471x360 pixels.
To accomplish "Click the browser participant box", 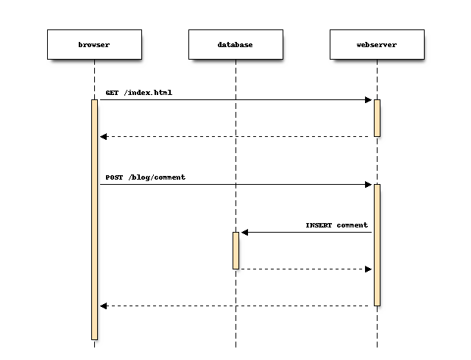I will pos(94,44).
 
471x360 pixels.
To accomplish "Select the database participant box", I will pos(235,44).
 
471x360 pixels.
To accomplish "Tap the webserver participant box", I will pos(377,44).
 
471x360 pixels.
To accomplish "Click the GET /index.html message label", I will pos(139,93).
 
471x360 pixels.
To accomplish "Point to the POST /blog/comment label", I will pos(145,177).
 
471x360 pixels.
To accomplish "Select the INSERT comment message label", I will pos(336,225).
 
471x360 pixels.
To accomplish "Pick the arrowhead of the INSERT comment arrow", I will pos(245,233).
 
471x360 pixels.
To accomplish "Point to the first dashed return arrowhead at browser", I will pos(104,136).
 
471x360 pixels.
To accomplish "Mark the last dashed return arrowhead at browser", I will pos(104,306).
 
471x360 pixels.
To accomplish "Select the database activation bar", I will pos(235,250).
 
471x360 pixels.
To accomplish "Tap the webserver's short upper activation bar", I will pos(377,118).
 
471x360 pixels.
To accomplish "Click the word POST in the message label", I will pos(114,177).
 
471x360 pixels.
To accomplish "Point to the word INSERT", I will pos(319,225).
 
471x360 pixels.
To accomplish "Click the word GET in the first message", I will pos(112,93).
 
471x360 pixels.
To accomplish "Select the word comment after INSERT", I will pos(353,225).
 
